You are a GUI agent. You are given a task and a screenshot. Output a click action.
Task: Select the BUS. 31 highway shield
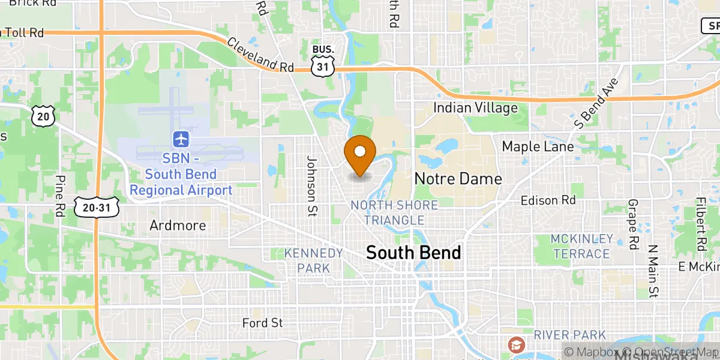(322, 62)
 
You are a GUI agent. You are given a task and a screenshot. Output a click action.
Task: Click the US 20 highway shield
(44, 116)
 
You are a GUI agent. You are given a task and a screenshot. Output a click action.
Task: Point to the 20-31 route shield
(97, 206)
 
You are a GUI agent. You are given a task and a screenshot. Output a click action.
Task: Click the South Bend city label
(413, 253)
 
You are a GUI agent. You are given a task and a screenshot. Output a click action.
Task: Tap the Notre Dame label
(458, 179)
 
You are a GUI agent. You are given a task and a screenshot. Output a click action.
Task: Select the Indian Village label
(475, 108)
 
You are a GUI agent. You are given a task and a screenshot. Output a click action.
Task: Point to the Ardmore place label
(178, 226)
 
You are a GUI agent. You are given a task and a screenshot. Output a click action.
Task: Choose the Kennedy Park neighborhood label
(314, 260)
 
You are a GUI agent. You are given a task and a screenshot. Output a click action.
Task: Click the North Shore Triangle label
(394, 212)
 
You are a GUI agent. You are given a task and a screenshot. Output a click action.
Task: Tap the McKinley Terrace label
(582, 246)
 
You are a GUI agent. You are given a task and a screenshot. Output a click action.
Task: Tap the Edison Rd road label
(548, 200)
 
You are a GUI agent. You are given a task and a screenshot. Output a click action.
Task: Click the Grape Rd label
(632, 224)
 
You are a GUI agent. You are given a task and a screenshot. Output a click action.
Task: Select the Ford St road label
(262, 323)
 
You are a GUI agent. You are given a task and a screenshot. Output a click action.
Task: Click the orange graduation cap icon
(515, 345)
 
